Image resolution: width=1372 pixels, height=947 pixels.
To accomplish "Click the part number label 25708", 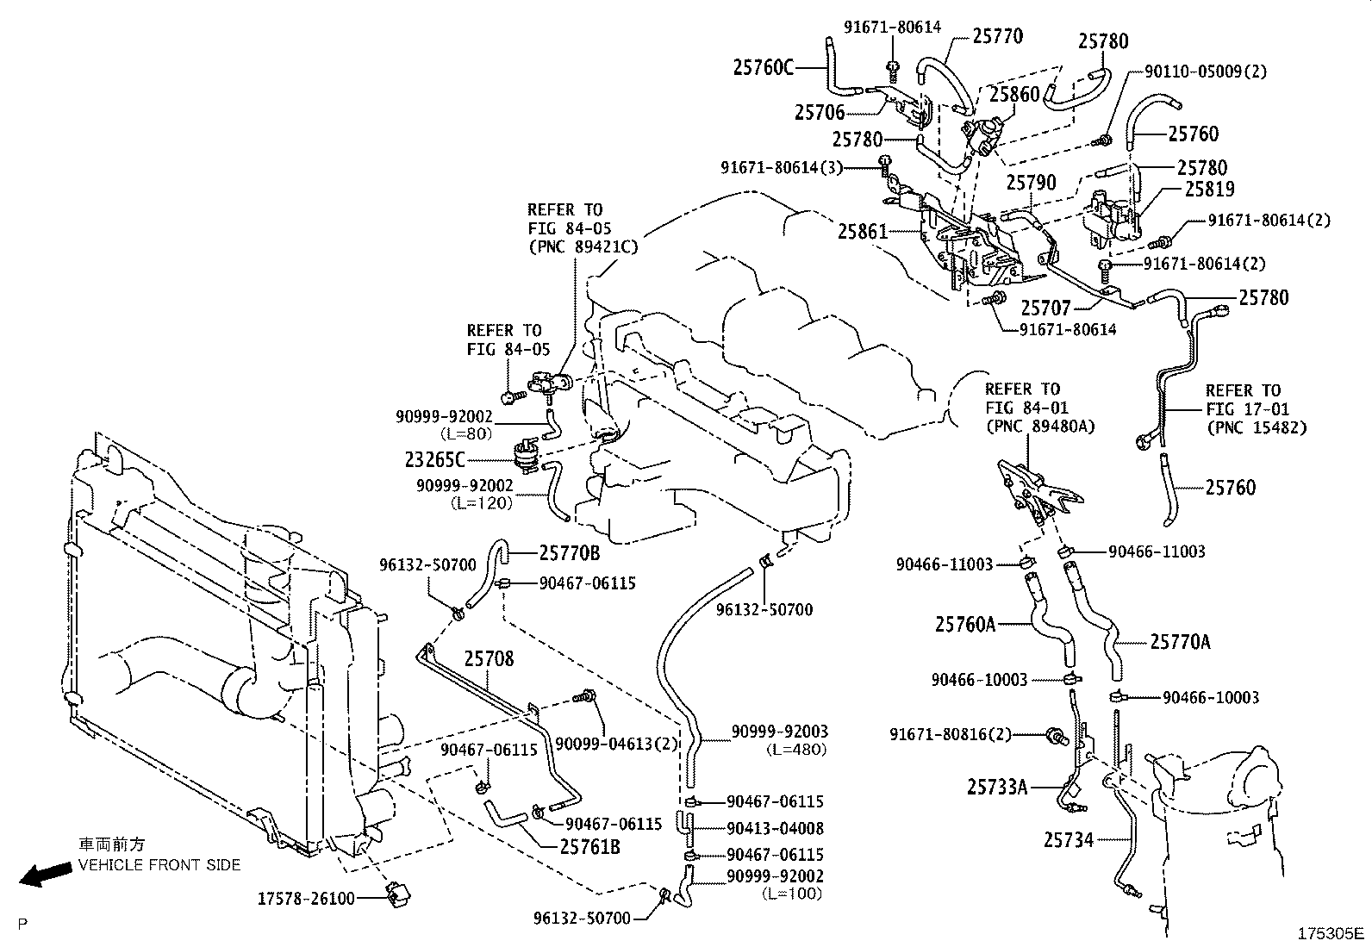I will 489,659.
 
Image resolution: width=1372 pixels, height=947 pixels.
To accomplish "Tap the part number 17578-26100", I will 306,899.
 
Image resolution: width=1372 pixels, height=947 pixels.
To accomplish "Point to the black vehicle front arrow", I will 46,876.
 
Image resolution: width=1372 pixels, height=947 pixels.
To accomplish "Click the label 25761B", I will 590,847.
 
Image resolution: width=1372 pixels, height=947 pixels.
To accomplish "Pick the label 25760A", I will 965,623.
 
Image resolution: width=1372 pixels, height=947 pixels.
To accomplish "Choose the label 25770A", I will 1180,642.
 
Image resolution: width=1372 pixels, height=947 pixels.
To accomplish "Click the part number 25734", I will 1068,839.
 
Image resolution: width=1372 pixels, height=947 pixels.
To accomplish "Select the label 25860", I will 1014,96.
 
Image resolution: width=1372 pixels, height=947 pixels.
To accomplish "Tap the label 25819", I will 1209,189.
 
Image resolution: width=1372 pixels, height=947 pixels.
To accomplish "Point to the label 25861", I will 866,231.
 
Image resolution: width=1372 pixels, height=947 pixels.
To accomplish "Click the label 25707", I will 1045,308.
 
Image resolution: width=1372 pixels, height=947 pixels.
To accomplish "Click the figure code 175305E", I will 1332,934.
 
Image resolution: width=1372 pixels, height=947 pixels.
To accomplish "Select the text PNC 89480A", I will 1040,426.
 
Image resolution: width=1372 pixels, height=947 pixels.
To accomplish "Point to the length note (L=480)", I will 795,750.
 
